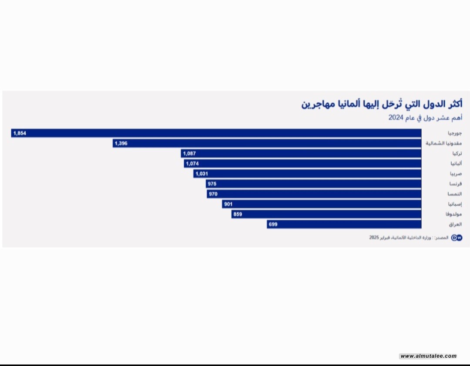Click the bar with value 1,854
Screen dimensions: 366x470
(216, 133)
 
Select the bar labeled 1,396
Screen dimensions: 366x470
(267, 143)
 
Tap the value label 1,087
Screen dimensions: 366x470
(190, 154)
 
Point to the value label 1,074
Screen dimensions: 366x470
(192, 164)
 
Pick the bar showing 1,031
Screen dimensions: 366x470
(307, 174)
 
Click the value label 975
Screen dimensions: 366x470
(212, 184)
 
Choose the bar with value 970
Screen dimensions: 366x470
(314, 194)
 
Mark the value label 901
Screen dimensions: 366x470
(228, 204)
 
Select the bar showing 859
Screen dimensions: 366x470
(326, 214)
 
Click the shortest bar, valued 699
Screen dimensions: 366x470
(344, 225)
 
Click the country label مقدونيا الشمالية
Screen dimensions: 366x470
(444, 143)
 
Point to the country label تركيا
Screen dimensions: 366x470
(457, 154)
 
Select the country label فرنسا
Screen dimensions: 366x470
(456, 184)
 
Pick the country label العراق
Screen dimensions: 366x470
(455, 225)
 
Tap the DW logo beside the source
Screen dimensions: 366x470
(457, 238)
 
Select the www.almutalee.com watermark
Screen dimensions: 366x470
(428, 356)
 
